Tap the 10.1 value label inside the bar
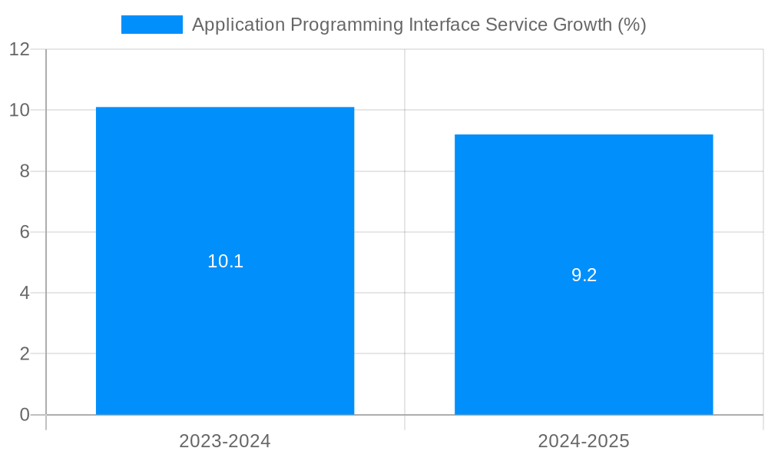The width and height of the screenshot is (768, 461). (x=225, y=261)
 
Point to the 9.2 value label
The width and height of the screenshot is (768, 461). (x=584, y=275)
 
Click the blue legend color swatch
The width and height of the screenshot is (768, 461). (x=152, y=25)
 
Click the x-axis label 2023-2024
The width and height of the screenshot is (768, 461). (x=225, y=441)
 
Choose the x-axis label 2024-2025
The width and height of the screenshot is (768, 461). (x=584, y=441)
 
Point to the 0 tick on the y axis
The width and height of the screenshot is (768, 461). (x=25, y=415)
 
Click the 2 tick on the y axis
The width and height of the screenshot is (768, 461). (x=25, y=354)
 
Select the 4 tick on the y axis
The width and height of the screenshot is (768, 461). (x=25, y=293)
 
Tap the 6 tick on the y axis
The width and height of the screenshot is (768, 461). (x=25, y=232)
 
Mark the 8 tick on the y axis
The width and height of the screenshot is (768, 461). (x=25, y=171)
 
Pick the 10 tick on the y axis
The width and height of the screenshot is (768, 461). (x=20, y=110)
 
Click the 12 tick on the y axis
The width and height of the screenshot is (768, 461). (x=20, y=49)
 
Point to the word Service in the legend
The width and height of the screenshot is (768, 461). (x=517, y=25)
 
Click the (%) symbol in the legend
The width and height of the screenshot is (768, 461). (x=632, y=25)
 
